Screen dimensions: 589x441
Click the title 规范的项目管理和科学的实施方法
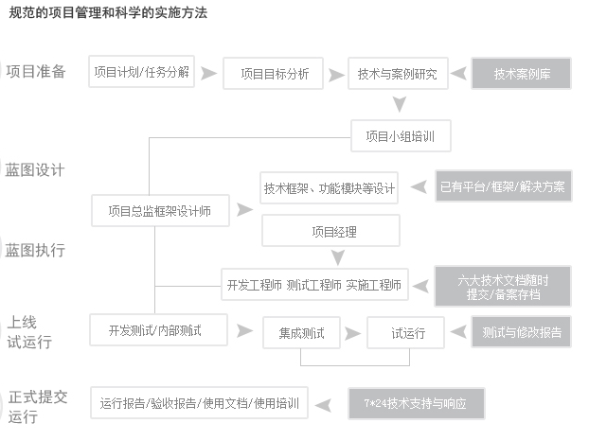point(108,12)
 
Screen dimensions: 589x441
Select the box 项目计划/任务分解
point(142,72)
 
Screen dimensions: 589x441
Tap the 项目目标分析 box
point(273,74)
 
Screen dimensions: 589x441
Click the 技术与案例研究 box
point(398,74)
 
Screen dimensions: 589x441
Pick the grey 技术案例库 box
point(522,74)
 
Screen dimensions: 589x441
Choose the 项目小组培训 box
point(401,136)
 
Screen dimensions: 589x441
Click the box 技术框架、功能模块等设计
point(329,188)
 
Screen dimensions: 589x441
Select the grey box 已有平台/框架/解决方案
point(504,186)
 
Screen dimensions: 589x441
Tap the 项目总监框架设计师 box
point(160,210)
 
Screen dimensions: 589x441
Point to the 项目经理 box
point(330,231)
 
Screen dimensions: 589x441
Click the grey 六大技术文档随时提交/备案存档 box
point(503,287)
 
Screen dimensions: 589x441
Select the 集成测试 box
point(302,332)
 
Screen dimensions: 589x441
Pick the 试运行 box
point(406,332)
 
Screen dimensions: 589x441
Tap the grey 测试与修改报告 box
point(522,332)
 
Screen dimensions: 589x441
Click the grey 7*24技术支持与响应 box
point(417,403)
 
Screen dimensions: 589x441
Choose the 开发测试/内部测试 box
point(158,330)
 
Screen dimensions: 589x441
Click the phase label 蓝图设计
point(35,169)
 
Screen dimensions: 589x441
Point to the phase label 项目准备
point(36,71)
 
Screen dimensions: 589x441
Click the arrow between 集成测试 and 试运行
point(352,333)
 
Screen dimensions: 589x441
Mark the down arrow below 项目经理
point(338,257)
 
